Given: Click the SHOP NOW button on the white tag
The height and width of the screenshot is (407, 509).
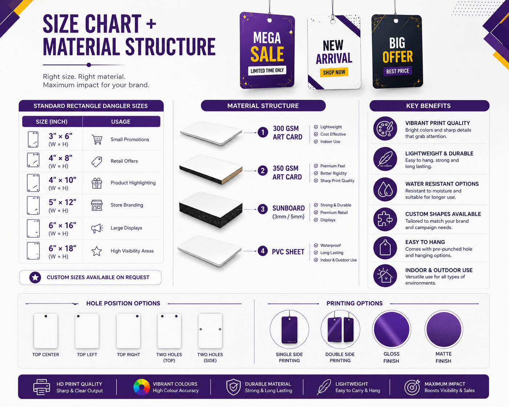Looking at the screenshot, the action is click(x=334, y=72).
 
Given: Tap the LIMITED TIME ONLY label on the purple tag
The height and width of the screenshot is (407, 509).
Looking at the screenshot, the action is click(x=267, y=70).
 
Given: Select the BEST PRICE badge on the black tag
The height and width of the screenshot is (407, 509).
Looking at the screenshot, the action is click(x=398, y=71).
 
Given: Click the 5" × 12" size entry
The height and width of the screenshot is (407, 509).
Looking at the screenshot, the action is click(x=62, y=202).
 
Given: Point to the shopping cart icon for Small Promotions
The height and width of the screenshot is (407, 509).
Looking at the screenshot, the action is click(x=97, y=139).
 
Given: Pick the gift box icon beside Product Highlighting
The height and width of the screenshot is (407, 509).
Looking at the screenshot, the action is click(x=97, y=183).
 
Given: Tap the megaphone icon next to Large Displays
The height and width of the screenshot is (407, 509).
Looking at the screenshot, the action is click(x=97, y=228).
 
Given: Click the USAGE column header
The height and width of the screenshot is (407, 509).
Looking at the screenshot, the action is click(x=121, y=122).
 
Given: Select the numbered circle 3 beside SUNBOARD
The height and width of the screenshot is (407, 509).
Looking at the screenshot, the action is click(x=262, y=209).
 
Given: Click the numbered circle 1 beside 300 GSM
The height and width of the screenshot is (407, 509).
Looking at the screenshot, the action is click(x=263, y=132).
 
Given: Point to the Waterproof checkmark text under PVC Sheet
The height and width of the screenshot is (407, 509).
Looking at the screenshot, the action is click(x=330, y=245).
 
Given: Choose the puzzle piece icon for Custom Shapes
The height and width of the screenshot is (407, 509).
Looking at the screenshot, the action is click(x=385, y=219).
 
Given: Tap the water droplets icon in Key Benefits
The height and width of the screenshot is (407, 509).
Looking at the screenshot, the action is click(x=385, y=189).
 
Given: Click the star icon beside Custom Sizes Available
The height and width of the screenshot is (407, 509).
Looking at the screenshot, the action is click(x=35, y=277).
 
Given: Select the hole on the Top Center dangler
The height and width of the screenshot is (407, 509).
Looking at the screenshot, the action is click(x=46, y=316).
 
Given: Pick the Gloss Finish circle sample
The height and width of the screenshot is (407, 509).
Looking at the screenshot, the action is click(x=392, y=329).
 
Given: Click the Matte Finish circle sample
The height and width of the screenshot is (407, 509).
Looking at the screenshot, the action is click(x=444, y=329).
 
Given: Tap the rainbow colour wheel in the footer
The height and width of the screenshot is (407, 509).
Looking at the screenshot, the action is click(x=142, y=387).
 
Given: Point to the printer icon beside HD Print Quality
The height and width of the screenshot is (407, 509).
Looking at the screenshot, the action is click(x=42, y=387).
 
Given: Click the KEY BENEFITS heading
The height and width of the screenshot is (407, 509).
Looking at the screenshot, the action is click(x=428, y=106).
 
